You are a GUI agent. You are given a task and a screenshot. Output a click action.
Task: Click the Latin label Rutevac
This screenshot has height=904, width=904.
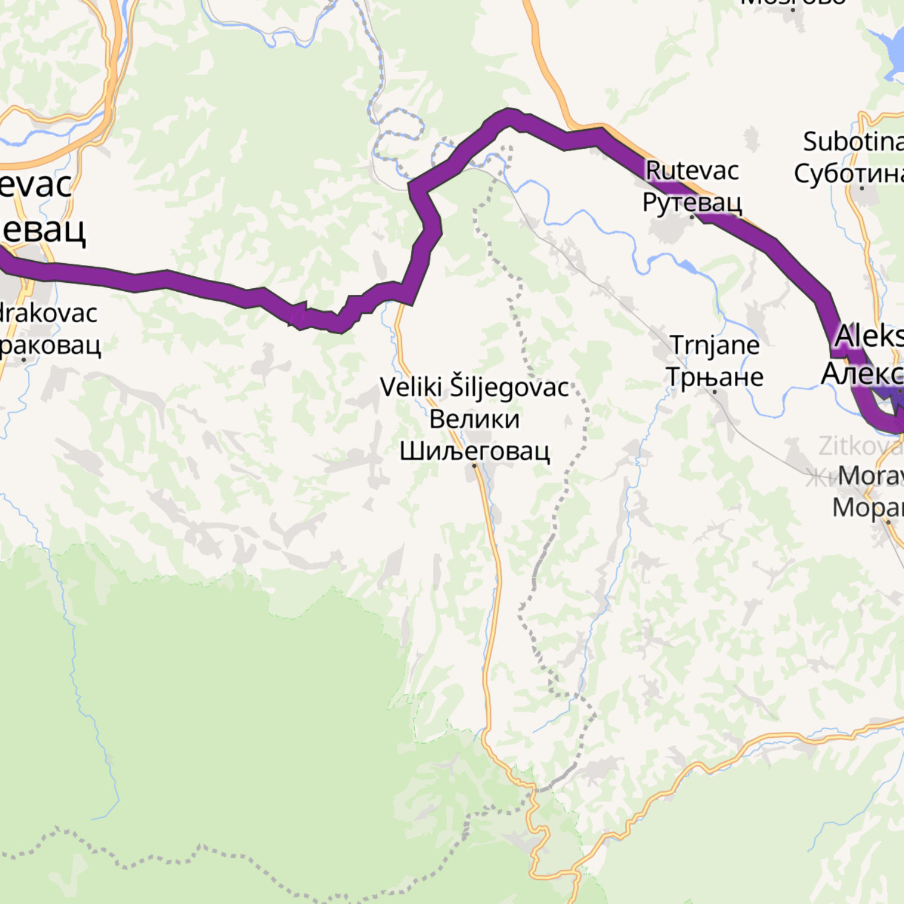click(x=692, y=171)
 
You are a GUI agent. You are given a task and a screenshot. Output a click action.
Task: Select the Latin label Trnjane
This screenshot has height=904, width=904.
click(x=714, y=345)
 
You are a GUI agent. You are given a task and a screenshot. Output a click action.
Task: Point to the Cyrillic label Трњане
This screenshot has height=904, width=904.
click(x=714, y=377)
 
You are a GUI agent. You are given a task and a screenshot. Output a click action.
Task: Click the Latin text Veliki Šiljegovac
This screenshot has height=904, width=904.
click(x=474, y=387)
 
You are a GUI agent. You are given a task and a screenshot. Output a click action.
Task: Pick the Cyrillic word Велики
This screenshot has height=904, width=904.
click(x=474, y=419)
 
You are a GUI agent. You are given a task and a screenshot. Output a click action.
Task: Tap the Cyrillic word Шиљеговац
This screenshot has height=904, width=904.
click(x=474, y=450)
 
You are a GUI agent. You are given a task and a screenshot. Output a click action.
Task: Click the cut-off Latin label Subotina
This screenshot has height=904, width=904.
click(x=853, y=142)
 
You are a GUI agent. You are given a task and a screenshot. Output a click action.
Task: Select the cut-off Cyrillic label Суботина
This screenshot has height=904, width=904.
click(x=849, y=173)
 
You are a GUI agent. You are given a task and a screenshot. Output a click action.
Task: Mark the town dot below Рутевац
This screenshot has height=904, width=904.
click(x=692, y=217)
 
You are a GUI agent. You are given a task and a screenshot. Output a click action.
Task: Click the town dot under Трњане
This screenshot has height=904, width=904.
click(x=714, y=392)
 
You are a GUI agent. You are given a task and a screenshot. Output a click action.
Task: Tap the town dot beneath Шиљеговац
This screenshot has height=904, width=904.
click(x=474, y=465)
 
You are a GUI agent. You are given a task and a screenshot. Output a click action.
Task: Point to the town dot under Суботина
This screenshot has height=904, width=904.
click(x=862, y=188)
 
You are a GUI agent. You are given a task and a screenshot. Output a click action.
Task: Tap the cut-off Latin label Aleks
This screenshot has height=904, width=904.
click(x=869, y=336)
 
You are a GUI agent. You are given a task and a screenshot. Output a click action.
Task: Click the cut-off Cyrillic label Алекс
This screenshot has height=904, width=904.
click(x=862, y=374)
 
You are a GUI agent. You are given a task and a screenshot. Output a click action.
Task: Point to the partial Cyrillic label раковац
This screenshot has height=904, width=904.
click(x=50, y=345)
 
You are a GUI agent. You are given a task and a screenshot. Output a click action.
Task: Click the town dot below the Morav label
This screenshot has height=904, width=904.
click(x=888, y=522)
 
